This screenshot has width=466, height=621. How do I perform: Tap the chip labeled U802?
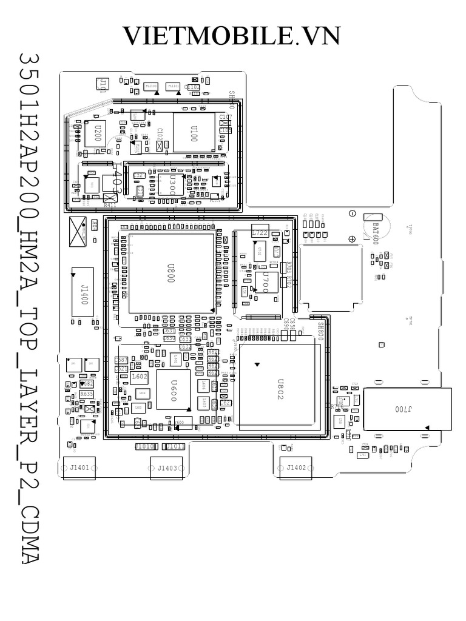(x=279, y=386)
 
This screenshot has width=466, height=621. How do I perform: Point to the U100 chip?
(x=194, y=132)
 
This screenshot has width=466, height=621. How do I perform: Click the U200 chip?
(x=96, y=132)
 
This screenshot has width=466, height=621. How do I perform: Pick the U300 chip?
(x=171, y=182)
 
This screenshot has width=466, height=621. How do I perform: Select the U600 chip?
(x=173, y=389)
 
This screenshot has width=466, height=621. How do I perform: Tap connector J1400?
(x=83, y=291)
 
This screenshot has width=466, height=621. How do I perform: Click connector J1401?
(x=79, y=468)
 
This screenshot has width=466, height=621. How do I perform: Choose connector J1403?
(x=167, y=468)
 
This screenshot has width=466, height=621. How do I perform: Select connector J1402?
(x=295, y=468)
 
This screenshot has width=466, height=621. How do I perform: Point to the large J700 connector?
(x=408, y=410)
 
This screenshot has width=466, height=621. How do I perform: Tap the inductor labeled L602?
(x=140, y=377)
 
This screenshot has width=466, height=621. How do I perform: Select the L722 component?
(x=260, y=233)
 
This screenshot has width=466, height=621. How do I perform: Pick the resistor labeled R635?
(x=87, y=394)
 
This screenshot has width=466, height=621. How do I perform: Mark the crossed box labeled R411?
(x=110, y=198)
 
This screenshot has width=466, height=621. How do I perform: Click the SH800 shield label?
(x=321, y=332)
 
